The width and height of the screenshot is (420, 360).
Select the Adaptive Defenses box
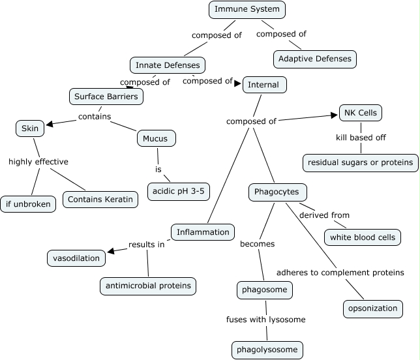click(x=315, y=59)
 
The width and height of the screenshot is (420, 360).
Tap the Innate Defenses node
click(x=168, y=65)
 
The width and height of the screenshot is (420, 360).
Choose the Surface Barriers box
click(x=106, y=97)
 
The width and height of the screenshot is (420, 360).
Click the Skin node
click(x=30, y=128)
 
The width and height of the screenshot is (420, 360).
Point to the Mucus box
click(x=157, y=138)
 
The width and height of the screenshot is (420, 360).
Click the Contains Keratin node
click(x=100, y=199)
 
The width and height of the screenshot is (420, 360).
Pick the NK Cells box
click(x=360, y=113)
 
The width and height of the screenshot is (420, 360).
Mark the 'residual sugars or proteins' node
click(x=361, y=162)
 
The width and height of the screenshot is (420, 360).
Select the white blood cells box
click(x=363, y=237)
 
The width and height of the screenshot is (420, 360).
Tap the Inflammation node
click(x=203, y=232)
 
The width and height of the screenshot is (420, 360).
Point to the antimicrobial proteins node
click(x=148, y=286)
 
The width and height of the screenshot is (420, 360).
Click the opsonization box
click(x=373, y=308)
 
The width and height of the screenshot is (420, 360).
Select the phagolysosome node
click(x=267, y=350)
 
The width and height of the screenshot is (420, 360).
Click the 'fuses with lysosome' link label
click(x=266, y=320)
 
